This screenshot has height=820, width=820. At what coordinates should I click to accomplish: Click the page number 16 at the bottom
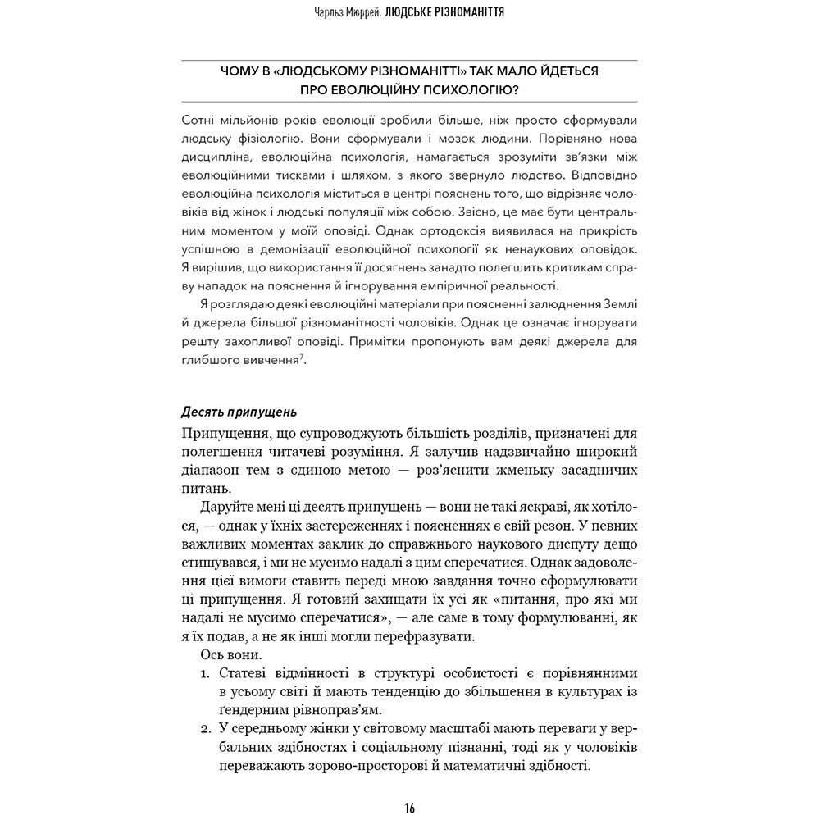409,808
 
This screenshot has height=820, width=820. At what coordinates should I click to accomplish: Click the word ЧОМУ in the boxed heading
241,72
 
